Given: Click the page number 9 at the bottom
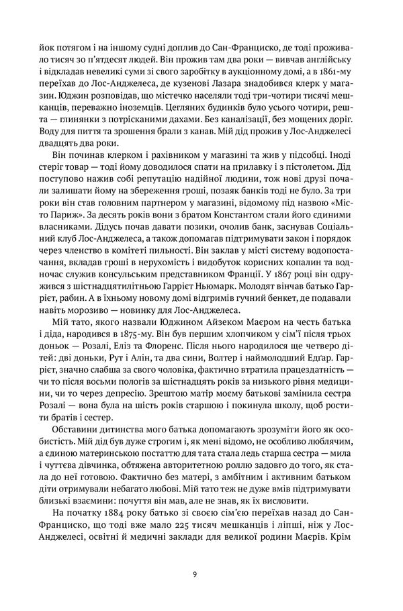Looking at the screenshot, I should (x=194, y=575).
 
